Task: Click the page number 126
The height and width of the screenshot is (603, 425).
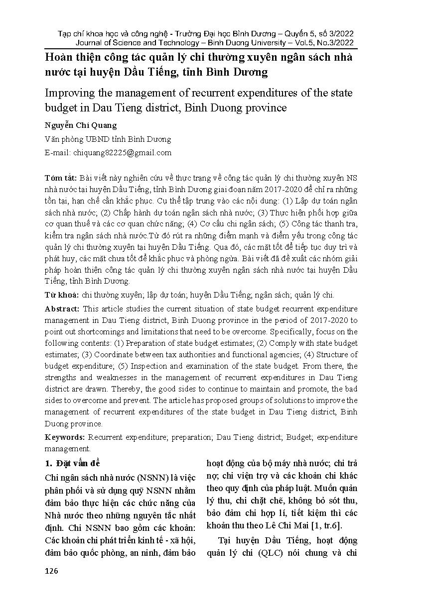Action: [x=51, y=571]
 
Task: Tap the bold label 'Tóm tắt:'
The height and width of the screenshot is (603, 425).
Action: [x=60, y=178]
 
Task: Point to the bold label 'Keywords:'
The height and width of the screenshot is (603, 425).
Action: [x=65, y=437]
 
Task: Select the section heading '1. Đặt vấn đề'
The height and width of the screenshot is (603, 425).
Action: [x=72, y=464]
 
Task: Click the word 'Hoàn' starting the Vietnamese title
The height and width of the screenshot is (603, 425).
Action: [x=58, y=57]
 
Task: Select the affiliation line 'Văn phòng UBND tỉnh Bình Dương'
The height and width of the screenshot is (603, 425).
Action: [x=108, y=139]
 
